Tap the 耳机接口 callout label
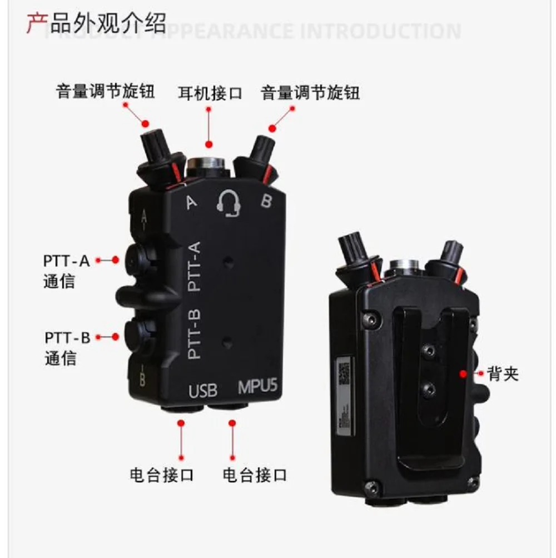pyautogui.click(x=210, y=92)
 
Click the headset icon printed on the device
pyautogui.click(x=229, y=202)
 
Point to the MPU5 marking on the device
pyautogui.click(x=257, y=387)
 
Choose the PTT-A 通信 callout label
pyautogui.click(x=66, y=270)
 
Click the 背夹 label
pyautogui.click(x=503, y=373)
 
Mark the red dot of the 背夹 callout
pyautogui.click(x=463, y=374)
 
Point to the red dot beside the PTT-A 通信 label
pyautogui.click(x=115, y=260)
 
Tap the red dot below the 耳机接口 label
pyautogui.click(x=209, y=145)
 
